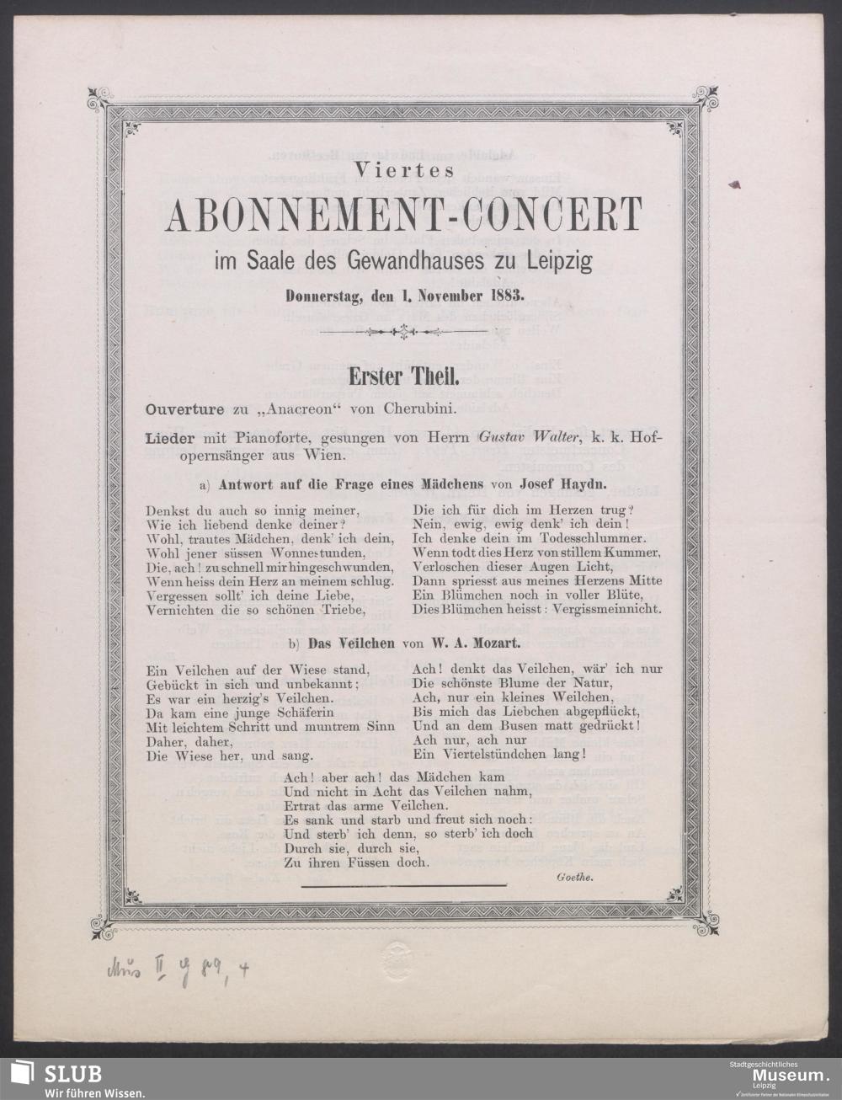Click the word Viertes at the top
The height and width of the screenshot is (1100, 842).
point(404,168)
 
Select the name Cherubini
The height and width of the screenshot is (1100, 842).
point(418,410)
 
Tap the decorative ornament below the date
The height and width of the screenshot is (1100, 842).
point(405,333)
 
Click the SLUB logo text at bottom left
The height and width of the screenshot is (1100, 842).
point(73,1073)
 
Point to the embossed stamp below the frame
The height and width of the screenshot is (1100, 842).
point(396,957)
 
